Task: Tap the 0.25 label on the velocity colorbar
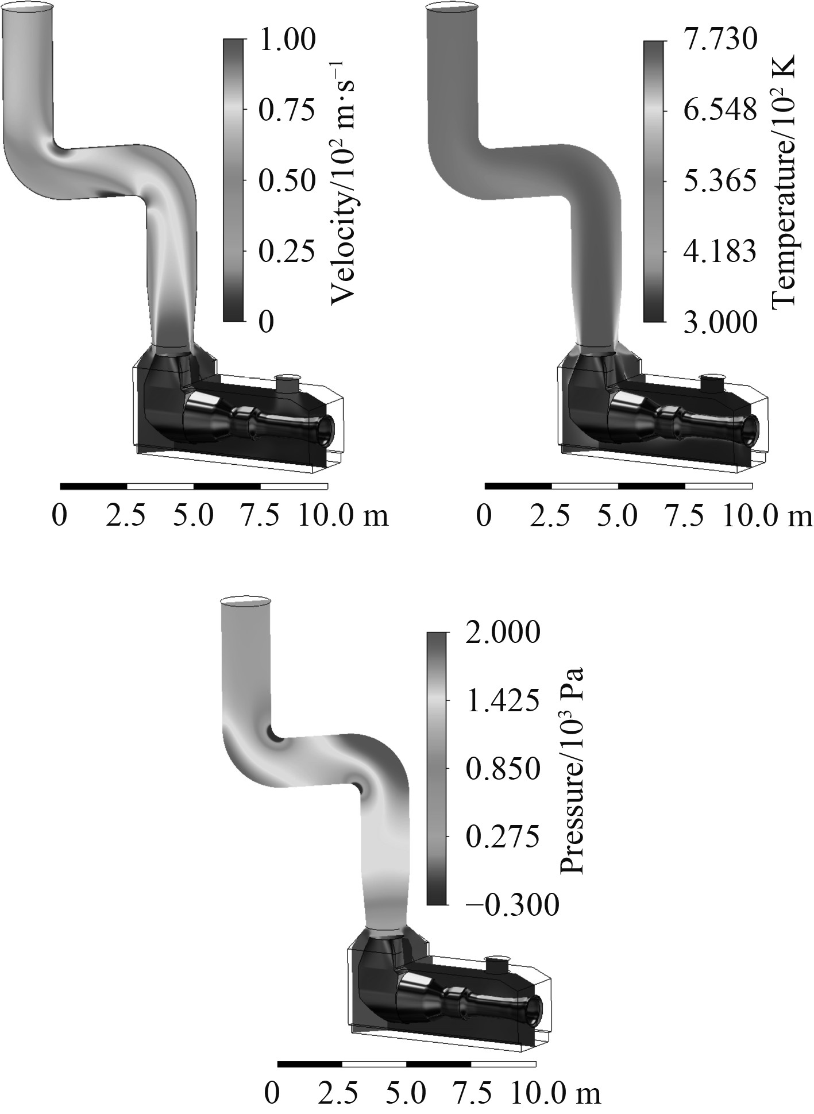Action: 287,252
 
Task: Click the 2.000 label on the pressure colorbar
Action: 503,633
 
